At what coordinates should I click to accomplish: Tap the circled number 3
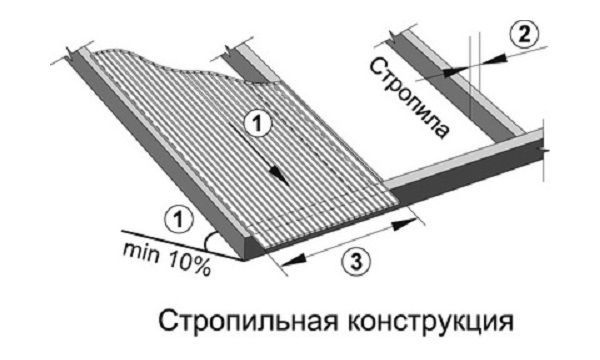tap(351, 263)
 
